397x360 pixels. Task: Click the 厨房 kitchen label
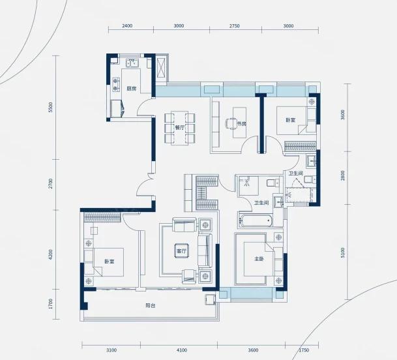132,89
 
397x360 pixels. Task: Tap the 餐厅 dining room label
180,128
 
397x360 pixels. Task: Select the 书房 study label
241,124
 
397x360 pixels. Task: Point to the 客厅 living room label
181,251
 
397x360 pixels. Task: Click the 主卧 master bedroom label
259,259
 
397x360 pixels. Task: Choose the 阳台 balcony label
151,305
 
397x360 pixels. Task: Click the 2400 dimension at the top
127,26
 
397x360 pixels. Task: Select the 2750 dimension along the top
235,26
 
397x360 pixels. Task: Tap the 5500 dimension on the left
50,108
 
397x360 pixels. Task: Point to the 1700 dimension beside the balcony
50,304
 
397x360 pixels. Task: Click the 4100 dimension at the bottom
182,350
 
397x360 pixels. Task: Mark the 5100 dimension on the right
343,253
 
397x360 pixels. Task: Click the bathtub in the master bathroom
256,221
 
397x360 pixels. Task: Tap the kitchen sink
132,63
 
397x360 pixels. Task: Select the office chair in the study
231,124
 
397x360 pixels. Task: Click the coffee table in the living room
181,251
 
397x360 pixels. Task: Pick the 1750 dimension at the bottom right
304,350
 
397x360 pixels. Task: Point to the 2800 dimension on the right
343,175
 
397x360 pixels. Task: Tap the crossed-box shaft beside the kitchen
161,68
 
